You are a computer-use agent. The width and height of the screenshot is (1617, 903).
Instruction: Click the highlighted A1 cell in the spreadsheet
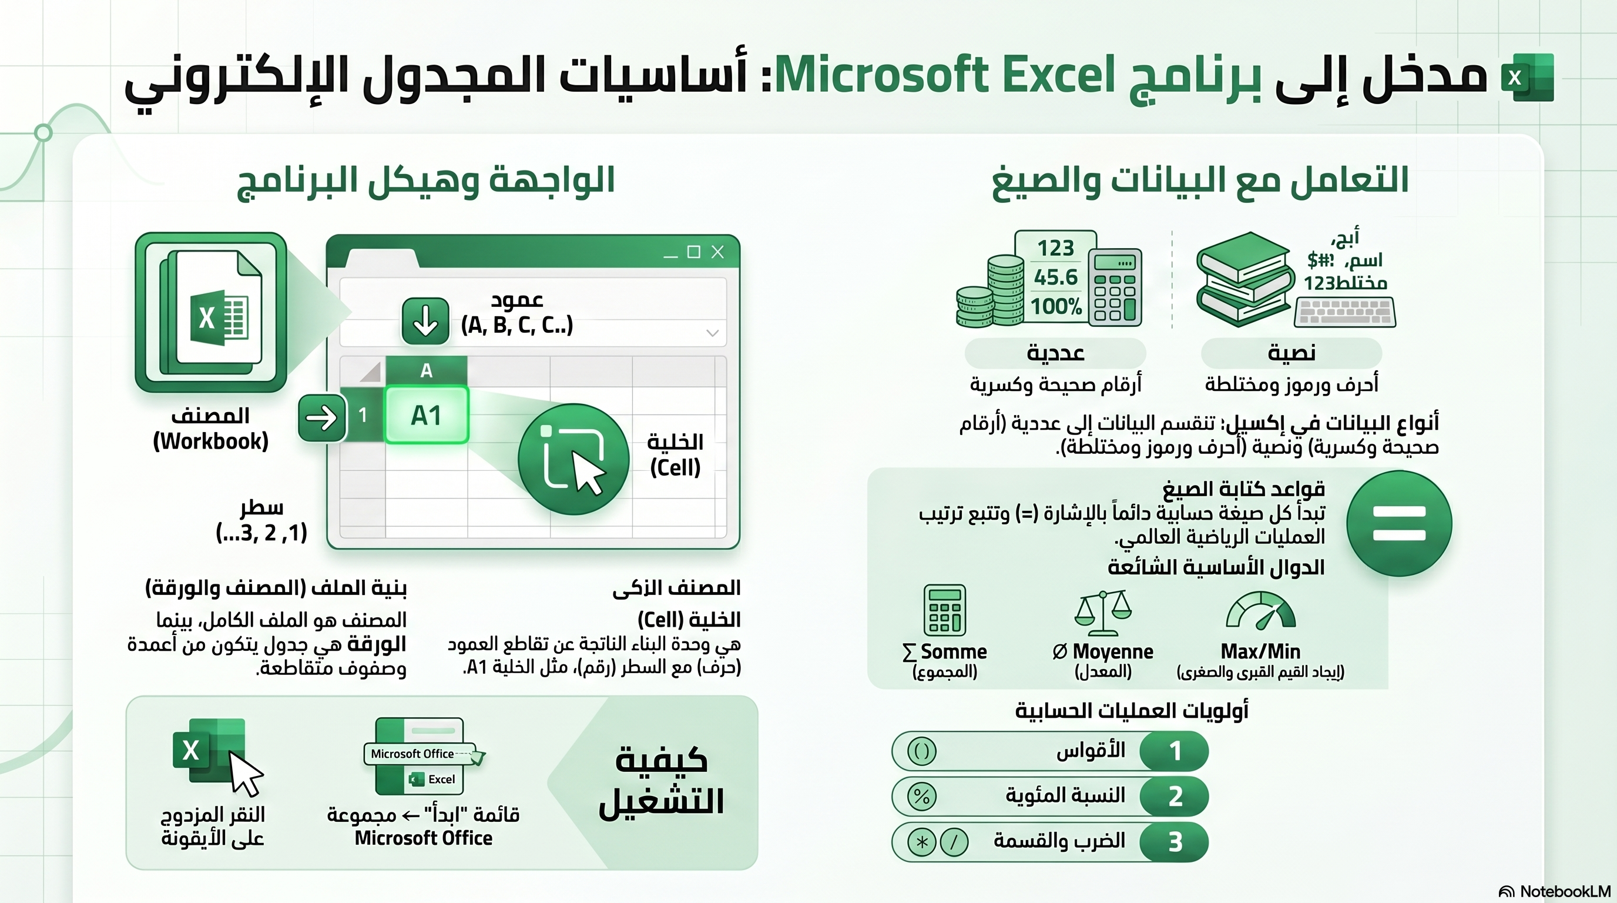(x=426, y=415)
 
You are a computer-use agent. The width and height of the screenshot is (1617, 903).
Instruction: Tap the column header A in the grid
(x=426, y=370)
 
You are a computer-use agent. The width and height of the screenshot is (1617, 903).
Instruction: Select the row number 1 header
(x=363, y=414)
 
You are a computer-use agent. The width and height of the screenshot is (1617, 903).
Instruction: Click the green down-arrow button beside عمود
(x=425, y=321)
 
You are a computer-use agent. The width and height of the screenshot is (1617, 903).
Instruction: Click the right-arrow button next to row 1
(x=321, y=418)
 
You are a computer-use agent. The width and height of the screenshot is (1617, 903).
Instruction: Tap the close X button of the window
(x=717, y=252)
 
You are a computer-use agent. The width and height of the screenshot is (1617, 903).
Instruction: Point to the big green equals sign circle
(x=1399, y=523)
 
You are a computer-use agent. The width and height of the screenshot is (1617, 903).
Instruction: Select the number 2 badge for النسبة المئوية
(x=1175, y=796)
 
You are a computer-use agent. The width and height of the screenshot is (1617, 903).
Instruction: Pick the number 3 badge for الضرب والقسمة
(x=1175, y=842)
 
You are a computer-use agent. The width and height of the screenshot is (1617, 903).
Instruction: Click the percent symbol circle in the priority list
(x=921, y=796)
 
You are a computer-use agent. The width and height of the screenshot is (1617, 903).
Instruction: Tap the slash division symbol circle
(x=954, y=842)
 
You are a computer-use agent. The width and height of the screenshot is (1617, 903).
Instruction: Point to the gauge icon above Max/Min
(x=1260, y=610)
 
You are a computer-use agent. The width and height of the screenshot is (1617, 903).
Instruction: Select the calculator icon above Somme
(x=945, y=610)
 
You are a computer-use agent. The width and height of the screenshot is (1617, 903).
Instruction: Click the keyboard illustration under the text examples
(x=1345, y=313)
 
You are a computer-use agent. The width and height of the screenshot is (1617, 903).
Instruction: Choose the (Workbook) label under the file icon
(x=211, y=442)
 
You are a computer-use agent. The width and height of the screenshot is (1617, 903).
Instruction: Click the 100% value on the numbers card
(x=1056, y=306)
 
